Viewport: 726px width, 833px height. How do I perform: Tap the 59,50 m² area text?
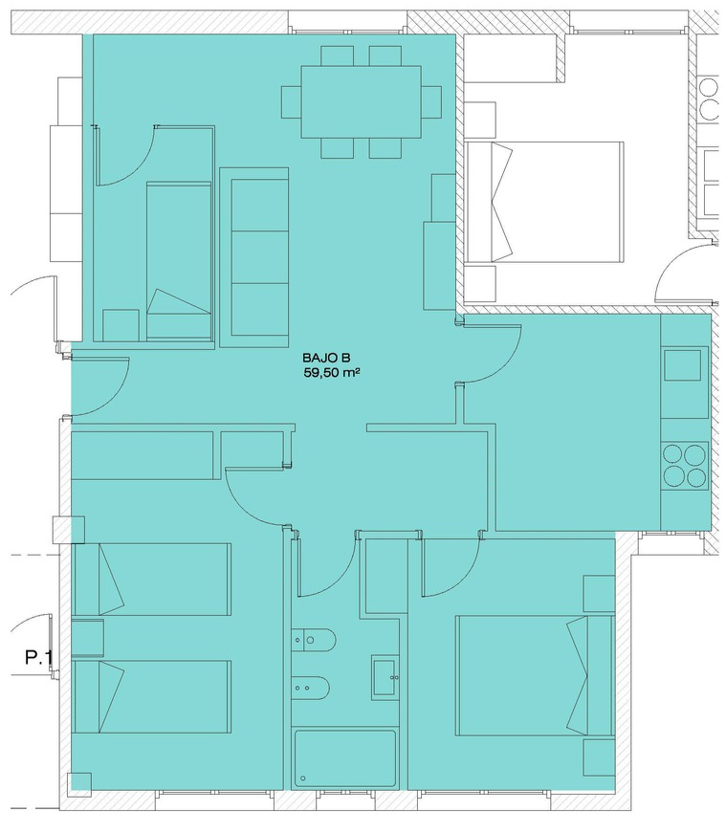click(329, 373)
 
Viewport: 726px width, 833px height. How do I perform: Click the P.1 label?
click(38, 658)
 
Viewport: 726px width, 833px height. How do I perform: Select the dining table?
click(362, 101)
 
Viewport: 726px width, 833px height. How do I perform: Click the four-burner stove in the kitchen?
click(685, 466)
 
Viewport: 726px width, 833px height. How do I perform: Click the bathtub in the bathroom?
click(345, 759)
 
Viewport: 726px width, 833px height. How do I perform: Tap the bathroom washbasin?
click(385, 677)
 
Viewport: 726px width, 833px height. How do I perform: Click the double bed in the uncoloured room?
click(543, 202)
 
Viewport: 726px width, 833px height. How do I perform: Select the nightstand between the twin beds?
click(88, 638)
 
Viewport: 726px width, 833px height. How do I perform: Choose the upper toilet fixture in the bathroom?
click(314, 641)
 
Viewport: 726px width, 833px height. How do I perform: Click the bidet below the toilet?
click(314, 688)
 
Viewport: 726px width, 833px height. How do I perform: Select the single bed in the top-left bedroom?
click(179, 260)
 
